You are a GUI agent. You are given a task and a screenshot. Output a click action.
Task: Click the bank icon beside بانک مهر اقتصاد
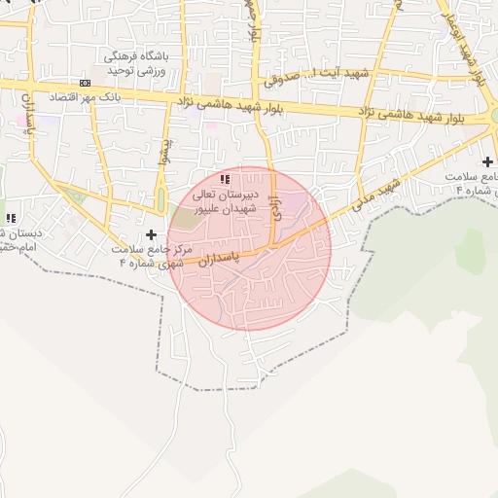pyautogui.click(x=85, y=84)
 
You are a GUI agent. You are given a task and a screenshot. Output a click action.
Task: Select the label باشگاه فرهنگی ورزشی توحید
pyautogui.click(x=137, y=64)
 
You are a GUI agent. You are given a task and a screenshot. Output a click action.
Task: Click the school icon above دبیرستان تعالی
pyautogui.click(x=226, y=179)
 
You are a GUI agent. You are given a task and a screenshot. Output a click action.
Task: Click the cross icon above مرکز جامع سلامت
pyautogui.click(x=151, y=234)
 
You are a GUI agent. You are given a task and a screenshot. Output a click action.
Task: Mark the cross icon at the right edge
pyautogui.click(x=487, y=160)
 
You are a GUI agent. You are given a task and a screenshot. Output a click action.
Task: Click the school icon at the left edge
pyautogui.click(x=11, y=219)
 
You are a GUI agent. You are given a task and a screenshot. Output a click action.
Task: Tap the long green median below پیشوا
pyautogui.click(x=160, y=199)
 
